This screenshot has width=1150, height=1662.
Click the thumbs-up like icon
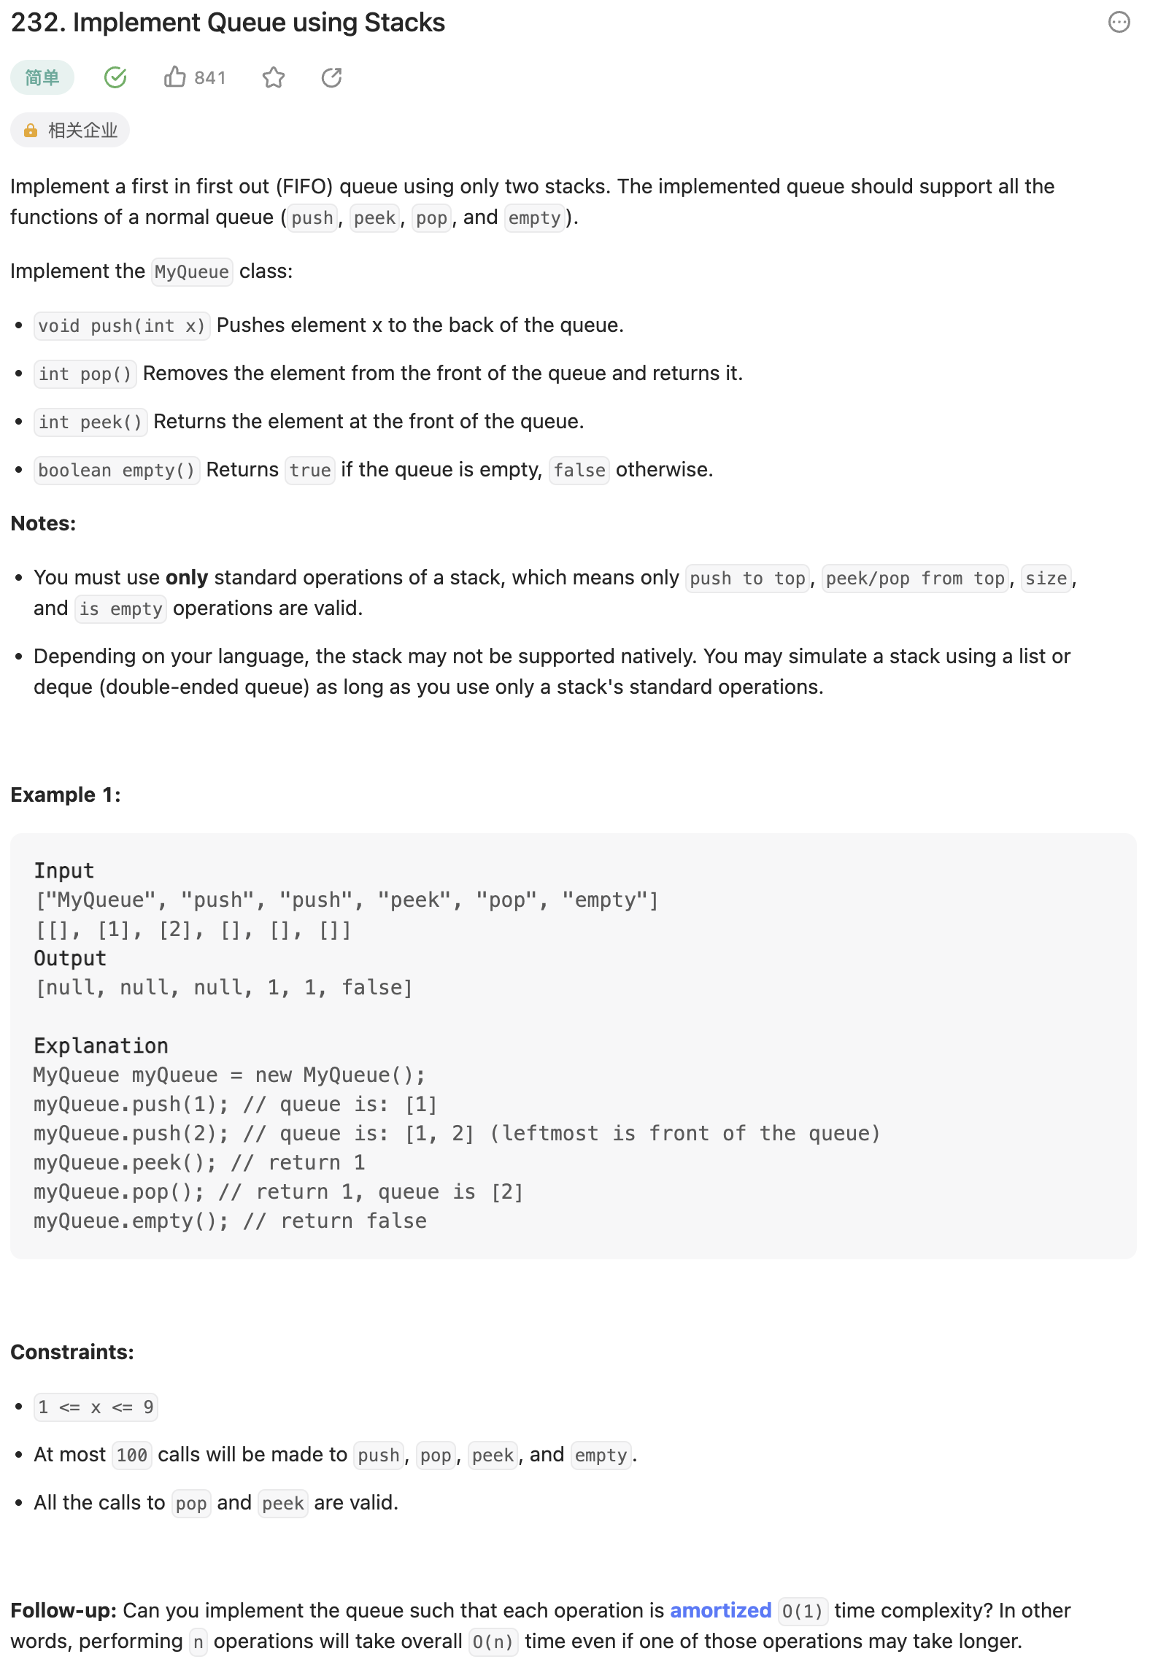click(x=174, y=77)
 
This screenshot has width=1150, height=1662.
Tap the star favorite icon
click(x=274, y=77)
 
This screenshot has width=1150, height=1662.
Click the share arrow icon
click(x=332, y=77)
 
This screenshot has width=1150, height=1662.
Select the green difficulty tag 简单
click(x=42, y=77)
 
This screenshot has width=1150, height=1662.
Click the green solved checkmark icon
click(x=115, y=77)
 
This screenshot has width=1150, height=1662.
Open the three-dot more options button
click(x=1119, y=23)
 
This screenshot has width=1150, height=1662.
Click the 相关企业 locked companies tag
click(x=70, y=131)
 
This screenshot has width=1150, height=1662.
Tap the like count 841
click(x=210, y=78)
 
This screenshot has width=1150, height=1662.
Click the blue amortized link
click(x=720, y=1610)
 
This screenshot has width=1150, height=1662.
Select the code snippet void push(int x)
click(x=122, y=325)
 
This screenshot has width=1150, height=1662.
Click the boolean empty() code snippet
click(x=117, y=470)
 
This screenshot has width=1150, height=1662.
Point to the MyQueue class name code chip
click(x=192, y=272)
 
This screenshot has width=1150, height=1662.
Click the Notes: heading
click(x=43, y=523)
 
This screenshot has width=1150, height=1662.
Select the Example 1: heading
click(x=66, y=795)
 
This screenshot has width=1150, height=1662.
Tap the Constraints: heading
click(x=72, y=1352)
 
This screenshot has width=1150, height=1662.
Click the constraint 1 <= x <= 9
click(x=96, y=1407)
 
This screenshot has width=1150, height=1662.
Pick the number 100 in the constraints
click(x=132, y=1456)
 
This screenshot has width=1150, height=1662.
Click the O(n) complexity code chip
click(x=493, y=1642)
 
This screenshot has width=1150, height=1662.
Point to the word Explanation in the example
click(x=101, y=1045)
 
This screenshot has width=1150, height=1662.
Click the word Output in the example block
click(x=70, y=958)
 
